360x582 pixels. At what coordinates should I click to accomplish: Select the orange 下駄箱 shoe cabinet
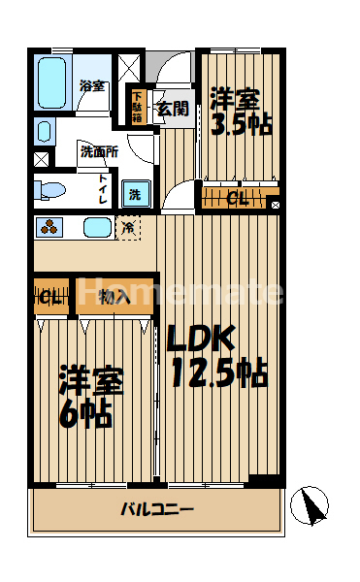pos(137,107)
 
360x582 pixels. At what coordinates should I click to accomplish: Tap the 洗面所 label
pos(98,151)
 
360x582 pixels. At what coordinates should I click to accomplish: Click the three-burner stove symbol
pos(49,228)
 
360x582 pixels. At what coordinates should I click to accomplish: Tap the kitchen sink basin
pos(96,229)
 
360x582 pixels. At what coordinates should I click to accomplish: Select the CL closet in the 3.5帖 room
pos(236,201)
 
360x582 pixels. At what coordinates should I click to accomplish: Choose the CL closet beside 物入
pos(50,297)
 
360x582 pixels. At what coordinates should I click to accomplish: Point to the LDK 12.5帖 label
pos(214,355)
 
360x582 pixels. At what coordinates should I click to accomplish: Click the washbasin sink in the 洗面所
pos(44,130)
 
